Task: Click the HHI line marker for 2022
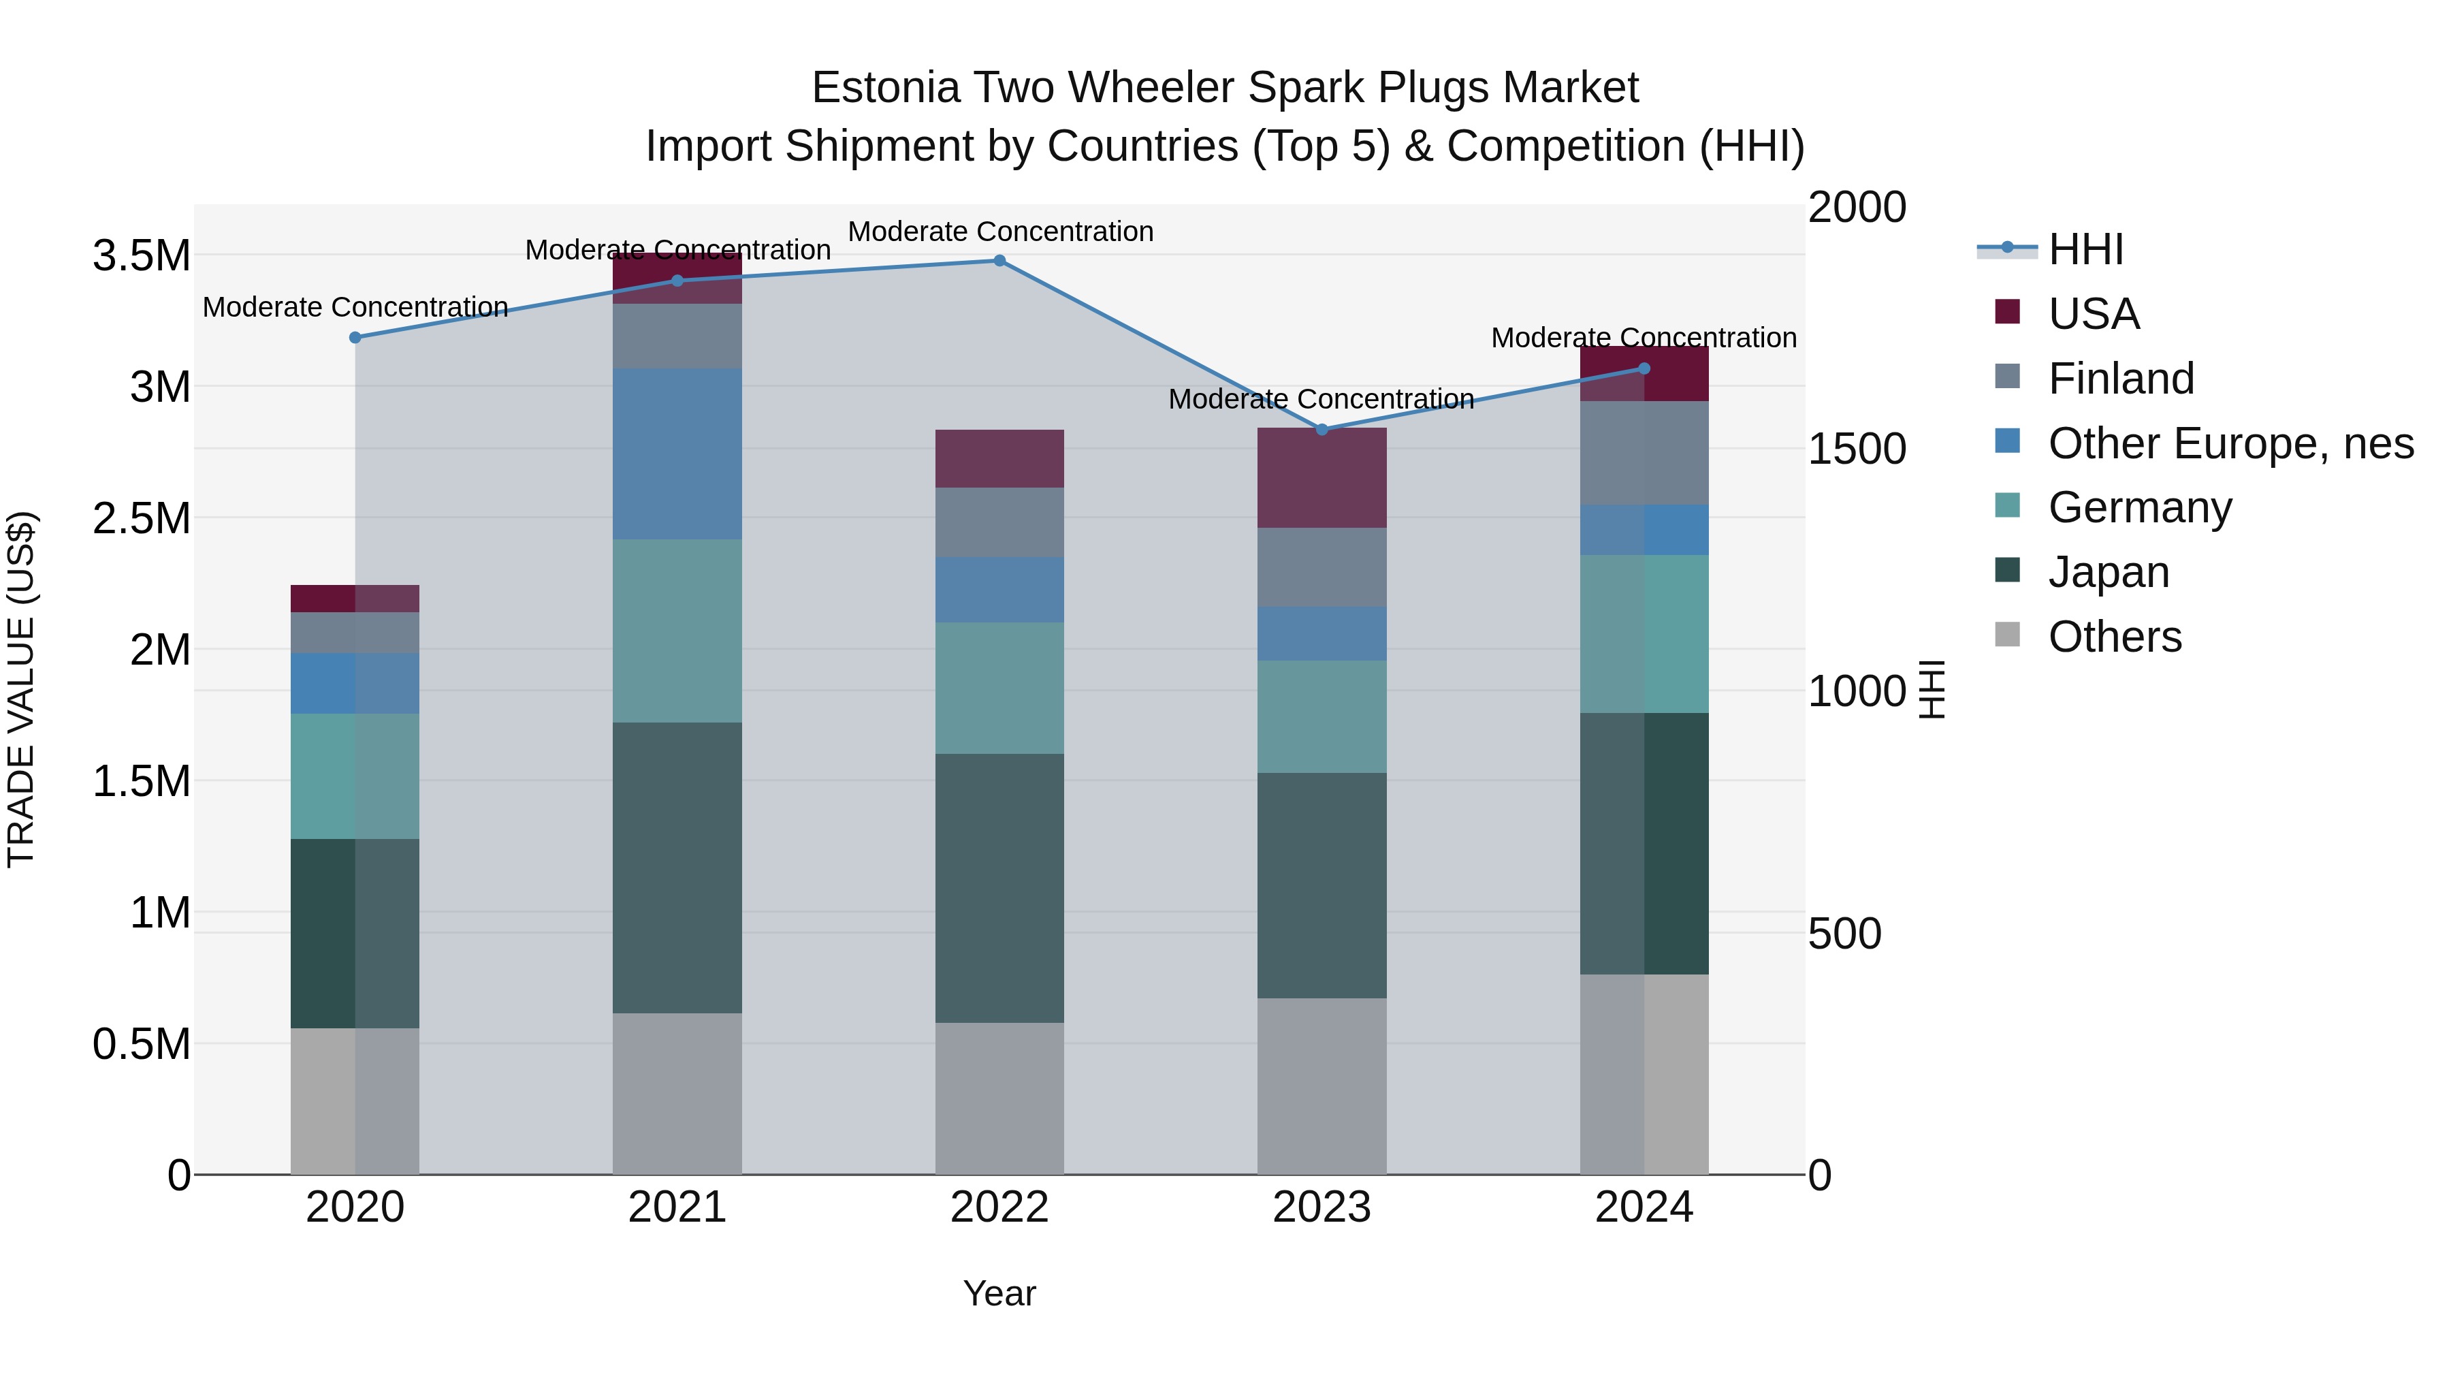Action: pos(999,261)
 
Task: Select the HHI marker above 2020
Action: pos(355,338)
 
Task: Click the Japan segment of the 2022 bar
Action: pos(999,888)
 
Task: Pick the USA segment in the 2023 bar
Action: pos(1321,478)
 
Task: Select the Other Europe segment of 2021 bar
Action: pos(677,454)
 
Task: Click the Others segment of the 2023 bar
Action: pos(1321,1086)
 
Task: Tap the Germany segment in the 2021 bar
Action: pos(677,631)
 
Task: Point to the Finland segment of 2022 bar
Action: pos(999,522)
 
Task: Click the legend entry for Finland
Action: pos(2121,379)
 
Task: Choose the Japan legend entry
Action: pos(2109,572)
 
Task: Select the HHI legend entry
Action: pos(2085,249)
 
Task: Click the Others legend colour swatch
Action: pos(2006,635)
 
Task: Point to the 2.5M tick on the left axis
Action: pos(141,519)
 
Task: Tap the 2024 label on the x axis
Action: pos(1644,1207)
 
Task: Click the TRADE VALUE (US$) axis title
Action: pos(21,689)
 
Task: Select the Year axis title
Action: pos(999,1293)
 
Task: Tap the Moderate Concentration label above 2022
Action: pos(1000,232)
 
